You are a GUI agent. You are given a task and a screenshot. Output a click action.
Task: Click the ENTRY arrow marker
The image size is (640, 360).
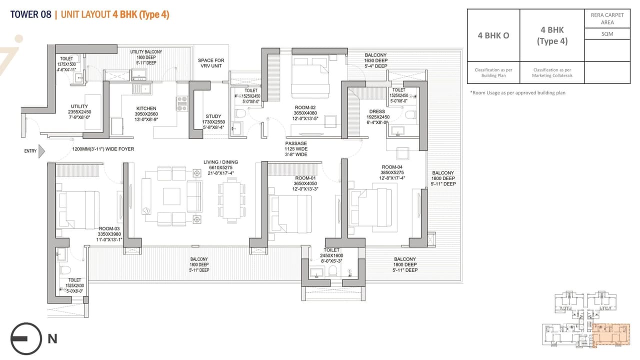41,150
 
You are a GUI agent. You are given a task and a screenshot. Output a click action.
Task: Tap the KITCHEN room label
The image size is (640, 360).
146,108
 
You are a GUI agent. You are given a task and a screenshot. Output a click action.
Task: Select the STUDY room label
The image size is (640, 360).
213,116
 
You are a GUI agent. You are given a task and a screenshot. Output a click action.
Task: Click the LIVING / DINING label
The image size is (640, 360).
220,162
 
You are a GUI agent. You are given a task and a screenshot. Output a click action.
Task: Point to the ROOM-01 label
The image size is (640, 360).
305,178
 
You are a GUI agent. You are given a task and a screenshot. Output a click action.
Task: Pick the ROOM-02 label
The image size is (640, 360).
304,107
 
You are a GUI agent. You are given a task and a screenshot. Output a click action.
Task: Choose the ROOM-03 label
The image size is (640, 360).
109,228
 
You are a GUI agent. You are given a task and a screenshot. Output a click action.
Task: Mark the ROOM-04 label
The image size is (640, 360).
392,167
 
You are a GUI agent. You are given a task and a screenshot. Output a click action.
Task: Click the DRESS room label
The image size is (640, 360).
377,111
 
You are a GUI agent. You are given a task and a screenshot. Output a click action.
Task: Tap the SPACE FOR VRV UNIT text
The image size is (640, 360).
211,63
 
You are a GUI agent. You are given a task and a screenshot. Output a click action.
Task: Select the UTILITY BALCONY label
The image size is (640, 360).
146,52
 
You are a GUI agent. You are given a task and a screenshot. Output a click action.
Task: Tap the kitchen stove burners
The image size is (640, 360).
181,103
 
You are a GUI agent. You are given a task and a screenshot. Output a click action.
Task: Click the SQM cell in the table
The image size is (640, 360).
607,33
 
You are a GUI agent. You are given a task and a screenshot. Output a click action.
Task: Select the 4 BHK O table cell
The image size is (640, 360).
493,35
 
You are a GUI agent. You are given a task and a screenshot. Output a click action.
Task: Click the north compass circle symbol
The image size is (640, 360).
25,338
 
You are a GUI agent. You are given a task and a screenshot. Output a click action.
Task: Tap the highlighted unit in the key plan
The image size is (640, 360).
609,334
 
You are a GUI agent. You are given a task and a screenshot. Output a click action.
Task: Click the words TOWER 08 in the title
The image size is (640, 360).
30,14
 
